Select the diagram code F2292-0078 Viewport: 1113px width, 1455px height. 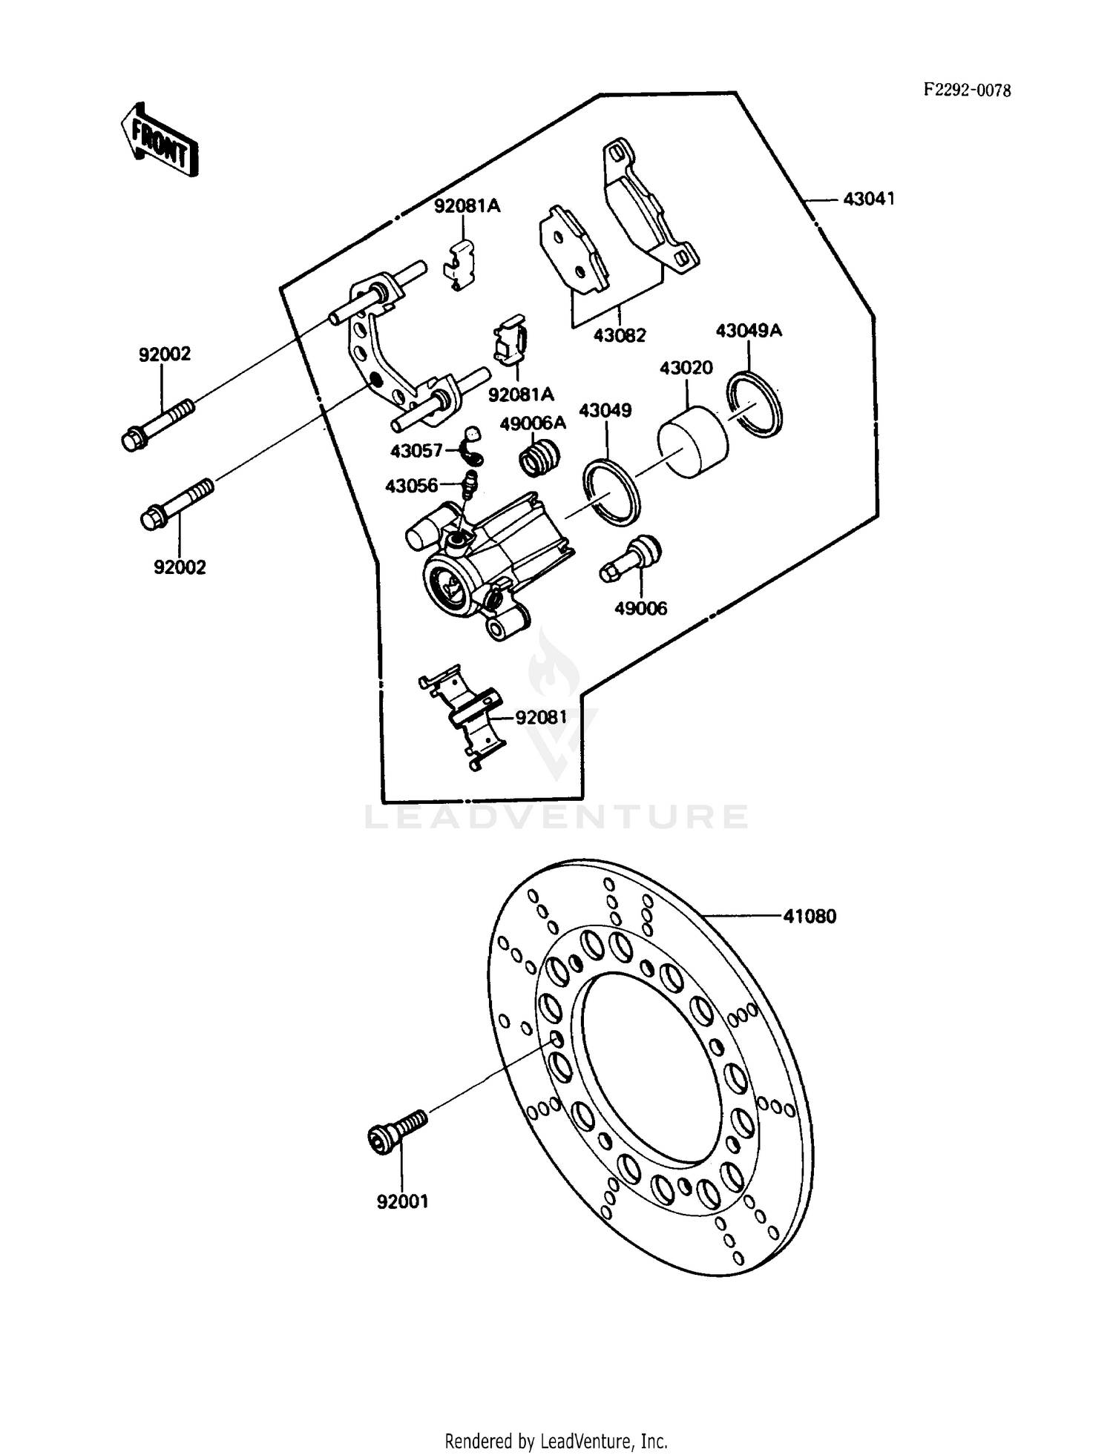point(967,90)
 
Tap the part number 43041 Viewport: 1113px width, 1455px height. point(868,199)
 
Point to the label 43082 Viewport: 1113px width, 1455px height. point(620,335)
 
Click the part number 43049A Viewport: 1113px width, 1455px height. point(749,331)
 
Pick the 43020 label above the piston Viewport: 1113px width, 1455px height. point(686,368)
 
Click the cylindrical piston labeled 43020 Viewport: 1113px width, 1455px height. point(693,441)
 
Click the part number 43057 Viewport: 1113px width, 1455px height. point(416,451)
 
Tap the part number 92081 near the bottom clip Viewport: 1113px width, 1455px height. point(541,717)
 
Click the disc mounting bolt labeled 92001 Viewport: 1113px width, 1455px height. point(398,1134)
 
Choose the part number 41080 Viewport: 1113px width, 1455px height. point(810,917)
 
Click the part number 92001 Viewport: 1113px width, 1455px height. point(402,1201)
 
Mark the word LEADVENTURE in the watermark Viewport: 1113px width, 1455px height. point(556,817)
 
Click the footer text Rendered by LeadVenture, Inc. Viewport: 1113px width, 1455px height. point(556,1441)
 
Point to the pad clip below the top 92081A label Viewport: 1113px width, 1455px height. point(460,265)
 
